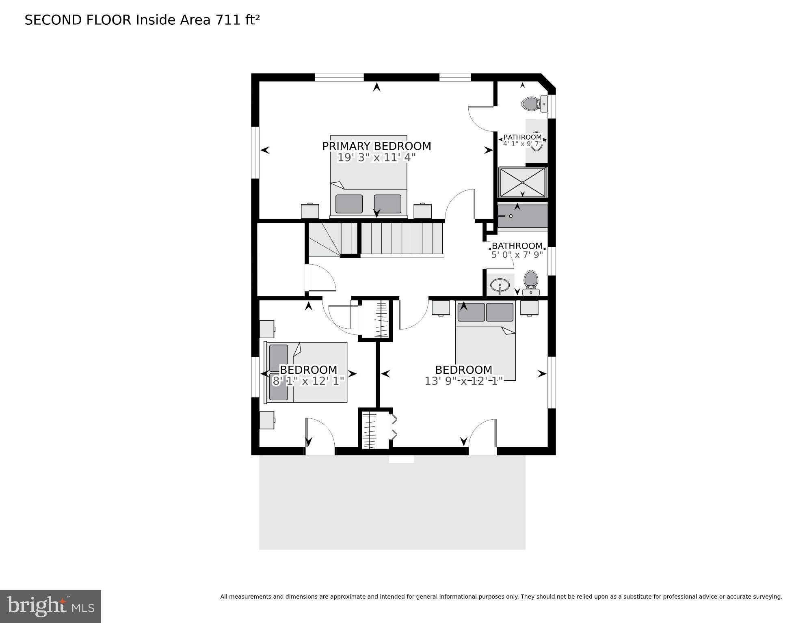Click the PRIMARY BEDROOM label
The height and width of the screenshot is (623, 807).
point(376,146)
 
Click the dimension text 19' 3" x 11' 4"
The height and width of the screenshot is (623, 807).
point(376,157)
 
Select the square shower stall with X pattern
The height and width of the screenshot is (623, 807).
point(522,183)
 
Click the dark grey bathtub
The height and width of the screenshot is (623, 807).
point(522,216)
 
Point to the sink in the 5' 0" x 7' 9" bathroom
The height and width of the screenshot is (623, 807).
point(500,285)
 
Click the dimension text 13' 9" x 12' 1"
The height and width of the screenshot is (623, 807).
point(463,381)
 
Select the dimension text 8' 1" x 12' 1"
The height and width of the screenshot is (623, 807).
point(308,381)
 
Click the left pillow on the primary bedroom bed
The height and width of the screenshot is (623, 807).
point(349,204)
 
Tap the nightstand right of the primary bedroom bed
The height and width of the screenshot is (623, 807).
point(422,211)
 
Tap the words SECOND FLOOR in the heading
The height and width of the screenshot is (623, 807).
point(78,20)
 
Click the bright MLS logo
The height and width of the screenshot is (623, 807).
point(50,606)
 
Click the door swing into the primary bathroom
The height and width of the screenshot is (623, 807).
point(481,118)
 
